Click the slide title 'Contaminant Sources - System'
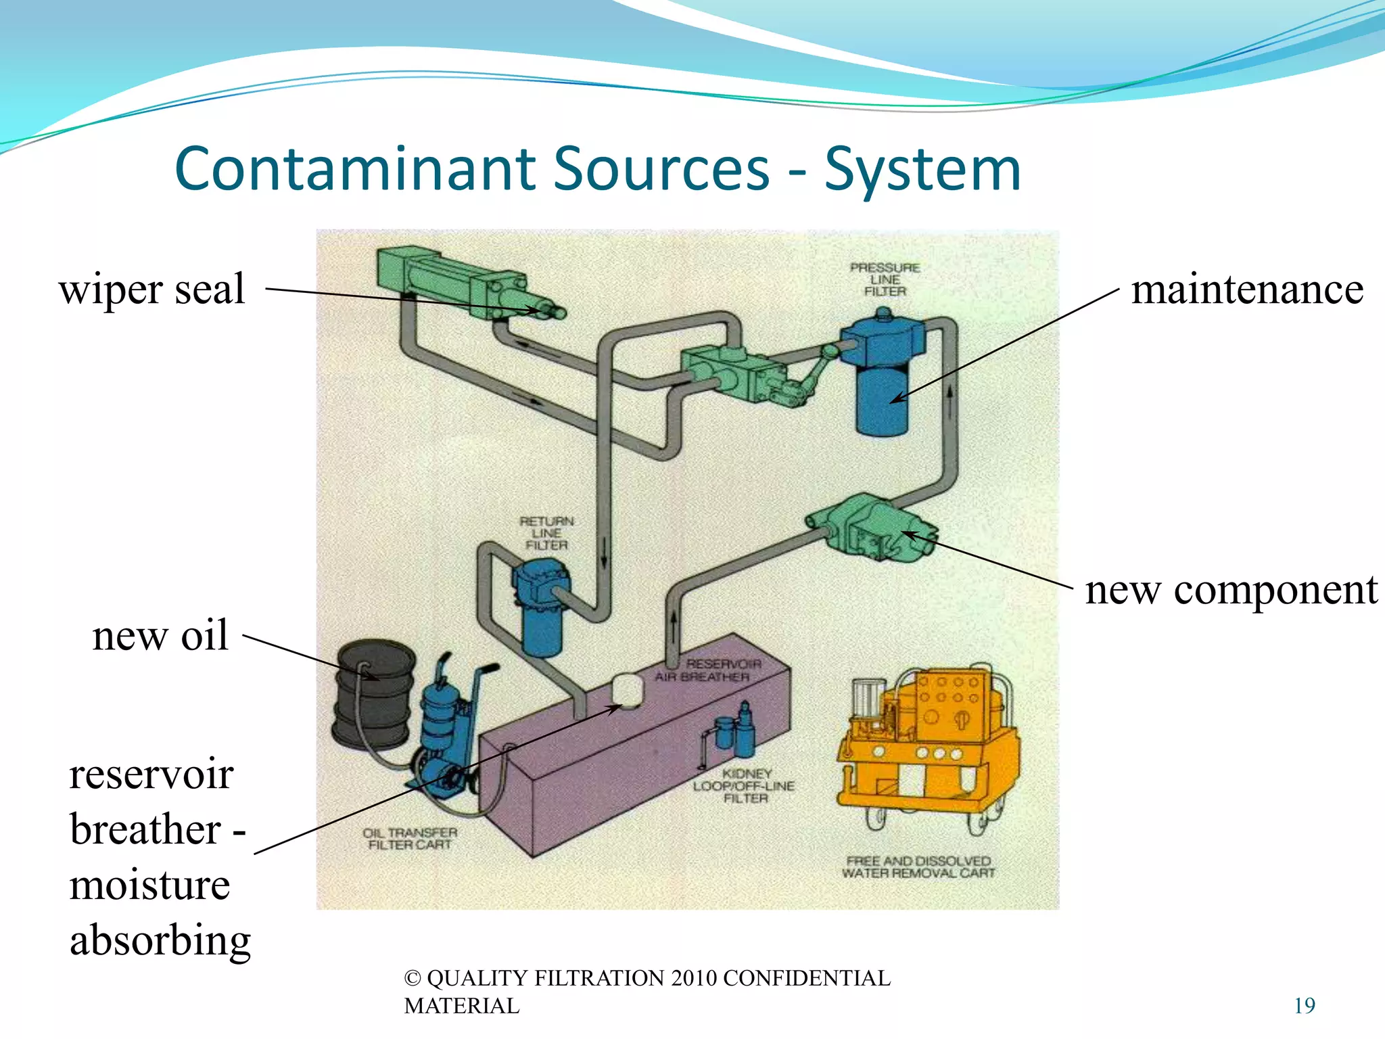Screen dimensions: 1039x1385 (x=598, y=169)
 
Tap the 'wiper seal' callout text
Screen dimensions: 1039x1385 (x=152, y=290)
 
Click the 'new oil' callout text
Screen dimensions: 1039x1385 (x=160, y=636)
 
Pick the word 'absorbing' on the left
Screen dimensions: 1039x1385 (x=160, y=940)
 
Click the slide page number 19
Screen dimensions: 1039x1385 (x=1304, y=1006)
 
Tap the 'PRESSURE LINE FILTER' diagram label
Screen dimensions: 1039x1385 (x=885, y=279)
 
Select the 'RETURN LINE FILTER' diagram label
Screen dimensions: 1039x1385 (x=546, y=533)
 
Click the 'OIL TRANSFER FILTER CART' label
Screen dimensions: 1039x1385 (x=410, y=839)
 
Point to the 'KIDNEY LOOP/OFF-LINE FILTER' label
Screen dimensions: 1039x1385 (x=744, y=786)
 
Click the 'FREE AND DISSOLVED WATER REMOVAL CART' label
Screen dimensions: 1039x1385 (x=918, y=867)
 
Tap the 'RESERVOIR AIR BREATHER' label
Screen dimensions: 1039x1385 (x=707, y=670)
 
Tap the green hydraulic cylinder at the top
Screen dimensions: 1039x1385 (x=460, y=284)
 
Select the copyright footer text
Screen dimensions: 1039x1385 (x=647, y=992)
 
